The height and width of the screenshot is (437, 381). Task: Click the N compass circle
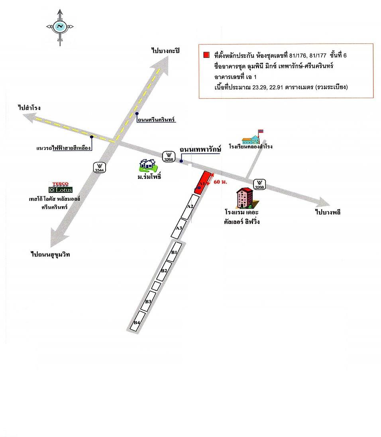[x=60, y=26]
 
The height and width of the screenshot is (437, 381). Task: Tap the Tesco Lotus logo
[x=61, y=187]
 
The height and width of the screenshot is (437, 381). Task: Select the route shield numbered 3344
[x=99, y=167]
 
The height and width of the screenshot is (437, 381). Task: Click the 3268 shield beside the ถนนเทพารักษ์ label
[x=169, y=156]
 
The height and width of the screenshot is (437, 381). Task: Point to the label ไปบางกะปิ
[x=166, y=50]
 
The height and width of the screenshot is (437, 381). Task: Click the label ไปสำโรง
[x=29, y=108]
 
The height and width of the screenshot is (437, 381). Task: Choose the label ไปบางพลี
[x=328, y=212]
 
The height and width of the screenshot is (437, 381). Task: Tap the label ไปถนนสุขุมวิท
[x=50, y=254]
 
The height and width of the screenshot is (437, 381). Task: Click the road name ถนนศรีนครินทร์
[x=156, y=120]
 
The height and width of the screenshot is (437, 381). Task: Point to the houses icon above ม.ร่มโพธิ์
[x=148, y=165]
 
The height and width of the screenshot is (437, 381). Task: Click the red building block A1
[x=203, y=182]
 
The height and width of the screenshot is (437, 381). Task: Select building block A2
[x=190, y=206]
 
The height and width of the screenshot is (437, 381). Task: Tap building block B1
[x=174, y=252]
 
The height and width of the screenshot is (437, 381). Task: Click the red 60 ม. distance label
[x=220, y=182]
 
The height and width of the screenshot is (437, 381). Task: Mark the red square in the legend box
[x=206, y=55]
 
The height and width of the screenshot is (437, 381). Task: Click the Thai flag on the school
[x=261, y=131]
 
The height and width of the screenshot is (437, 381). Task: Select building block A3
[x=179, y=229]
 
